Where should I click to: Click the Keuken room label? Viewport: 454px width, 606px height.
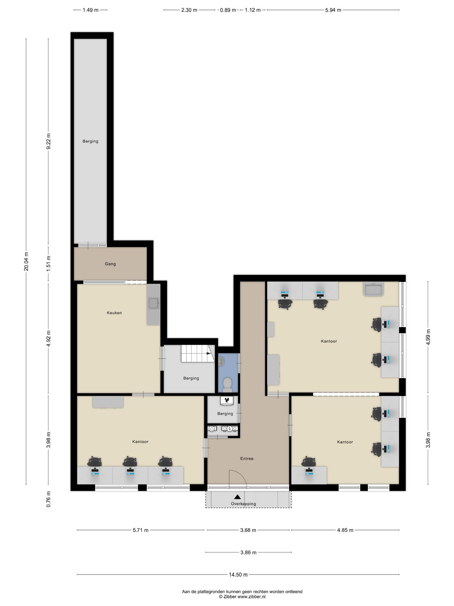[x=114, y=313]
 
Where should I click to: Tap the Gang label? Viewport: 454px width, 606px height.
[x=110, y=264]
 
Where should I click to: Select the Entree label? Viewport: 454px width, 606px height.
[x=247, y=459]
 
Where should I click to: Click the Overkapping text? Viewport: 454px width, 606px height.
[x=244, y=504]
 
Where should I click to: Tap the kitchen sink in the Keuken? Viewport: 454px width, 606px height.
[x=153, y=303]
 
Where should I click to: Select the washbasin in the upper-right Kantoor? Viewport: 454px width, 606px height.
[x=374, y=289]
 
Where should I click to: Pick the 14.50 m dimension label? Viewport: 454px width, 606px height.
[x=238, y=575]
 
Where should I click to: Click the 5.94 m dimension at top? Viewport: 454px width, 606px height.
[x=333, y=10]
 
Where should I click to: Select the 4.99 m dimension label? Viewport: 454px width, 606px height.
[x=428, y=336]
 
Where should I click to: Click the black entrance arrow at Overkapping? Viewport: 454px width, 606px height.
[x=237, y=497]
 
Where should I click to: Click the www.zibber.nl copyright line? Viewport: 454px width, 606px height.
[x=242, y=597]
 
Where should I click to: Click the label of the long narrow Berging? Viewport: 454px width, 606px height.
[x=90, y=141]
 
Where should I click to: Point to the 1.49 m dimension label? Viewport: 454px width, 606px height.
[x=90, y=10]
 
